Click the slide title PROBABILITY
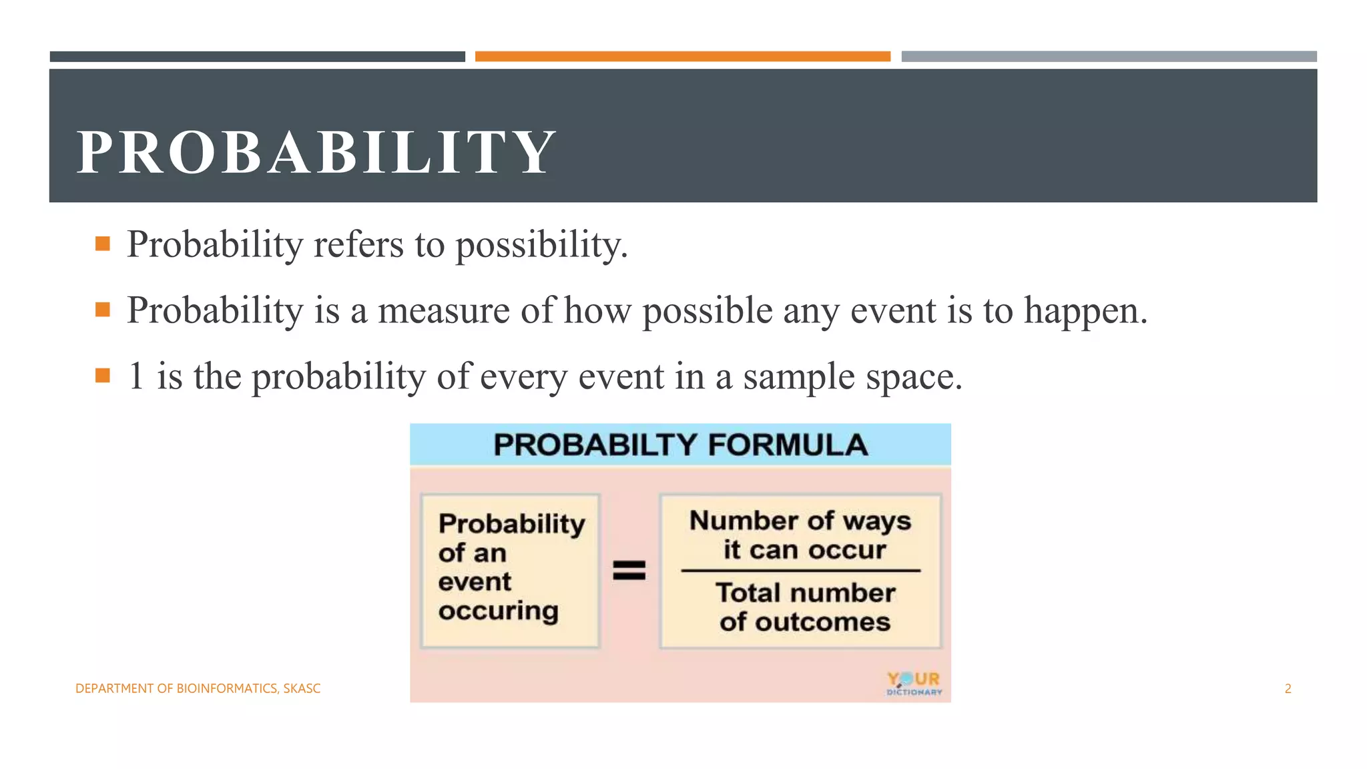[316, 152]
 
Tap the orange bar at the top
[682, 57]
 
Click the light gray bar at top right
[1109, 57]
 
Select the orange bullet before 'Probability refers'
[103, 244]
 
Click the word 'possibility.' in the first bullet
[542, 245]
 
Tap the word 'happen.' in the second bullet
[1085, 311]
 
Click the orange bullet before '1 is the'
[103, 376]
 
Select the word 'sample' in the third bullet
[798, 377]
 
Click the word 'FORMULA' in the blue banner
[788, 445]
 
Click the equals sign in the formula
[629, 570]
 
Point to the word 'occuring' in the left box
[498, 611]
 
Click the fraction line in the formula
[800, 571]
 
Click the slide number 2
[1288, 689]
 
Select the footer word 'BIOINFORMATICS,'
[228, 689]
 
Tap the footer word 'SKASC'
[302, 689]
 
